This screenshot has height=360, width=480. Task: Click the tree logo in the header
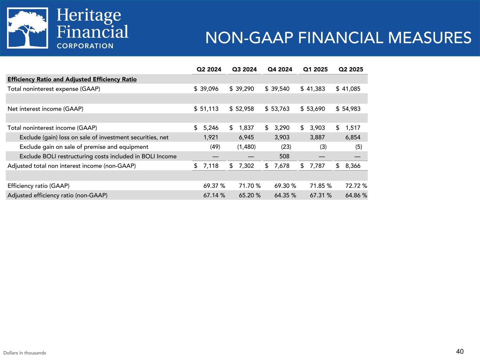[x=27, y=28]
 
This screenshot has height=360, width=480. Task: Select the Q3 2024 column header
[x=244, y=69]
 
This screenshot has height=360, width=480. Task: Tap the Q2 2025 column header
[x=351, y=69]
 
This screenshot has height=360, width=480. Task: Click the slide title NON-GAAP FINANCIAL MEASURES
[x=338, y=38]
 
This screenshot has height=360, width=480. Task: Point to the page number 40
[x=460, y=351]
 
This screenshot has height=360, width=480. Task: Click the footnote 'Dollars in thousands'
[x=25, y=353]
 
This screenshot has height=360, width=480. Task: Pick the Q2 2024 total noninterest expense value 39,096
[x=209, y=89]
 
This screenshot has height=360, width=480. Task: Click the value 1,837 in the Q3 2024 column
[x=247, y=128]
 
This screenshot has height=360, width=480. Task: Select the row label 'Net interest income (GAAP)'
[x=45, y=109]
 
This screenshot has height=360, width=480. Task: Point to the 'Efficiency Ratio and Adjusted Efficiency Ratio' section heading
[x=72, y=79]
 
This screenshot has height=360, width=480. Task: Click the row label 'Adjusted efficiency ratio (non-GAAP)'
[x=57, y=195]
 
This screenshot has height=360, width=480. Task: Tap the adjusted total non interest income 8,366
[x=353, y=166]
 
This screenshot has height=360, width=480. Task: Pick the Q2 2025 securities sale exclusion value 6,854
[x=353, y=137]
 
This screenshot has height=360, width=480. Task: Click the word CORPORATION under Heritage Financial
[x=85, y=46]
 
